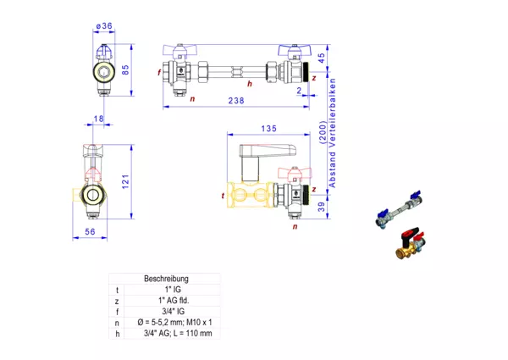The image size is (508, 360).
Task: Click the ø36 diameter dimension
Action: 104,26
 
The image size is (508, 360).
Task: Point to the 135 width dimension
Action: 268,129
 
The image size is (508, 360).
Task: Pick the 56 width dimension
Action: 90,230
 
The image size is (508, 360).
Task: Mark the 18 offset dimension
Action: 100,119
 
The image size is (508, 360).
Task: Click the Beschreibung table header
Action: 166,279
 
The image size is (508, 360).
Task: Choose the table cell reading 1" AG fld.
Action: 167,300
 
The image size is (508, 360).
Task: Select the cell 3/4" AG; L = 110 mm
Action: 167,333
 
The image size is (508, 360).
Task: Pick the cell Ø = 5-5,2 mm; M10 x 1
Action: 167,322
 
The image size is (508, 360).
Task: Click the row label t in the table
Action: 118,290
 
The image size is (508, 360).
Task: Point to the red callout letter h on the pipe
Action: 249,84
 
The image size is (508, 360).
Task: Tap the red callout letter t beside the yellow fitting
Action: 222,196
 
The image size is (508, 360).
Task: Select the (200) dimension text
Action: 322,134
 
